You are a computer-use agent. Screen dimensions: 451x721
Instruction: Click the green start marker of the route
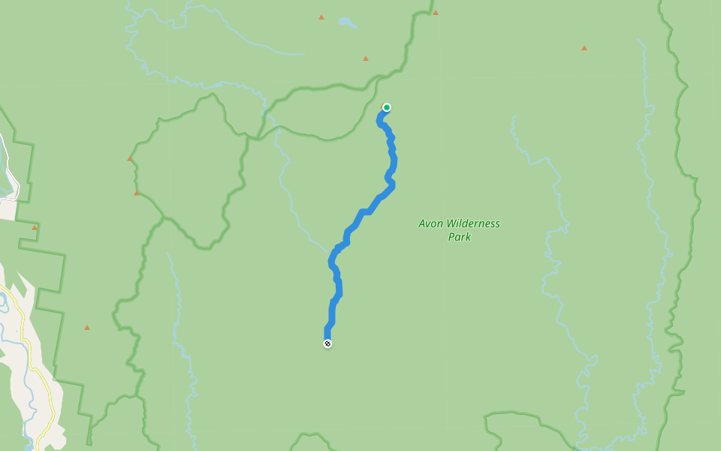click(x=386, y=107)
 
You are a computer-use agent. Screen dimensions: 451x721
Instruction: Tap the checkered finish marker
click(x=327, y=344)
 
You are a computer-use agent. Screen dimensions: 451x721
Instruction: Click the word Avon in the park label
click(x=431, y=223)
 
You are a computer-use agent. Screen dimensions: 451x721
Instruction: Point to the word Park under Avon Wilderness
click(x=459, y=237)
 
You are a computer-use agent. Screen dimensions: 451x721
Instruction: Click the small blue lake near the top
click(x=346, y=23)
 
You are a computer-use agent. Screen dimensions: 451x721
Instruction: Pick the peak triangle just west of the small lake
click(x=321, y=17)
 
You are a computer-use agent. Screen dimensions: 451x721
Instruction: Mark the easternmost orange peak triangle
click(x=584, y=48)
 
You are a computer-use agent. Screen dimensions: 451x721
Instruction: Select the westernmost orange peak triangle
click(x=34, y=227)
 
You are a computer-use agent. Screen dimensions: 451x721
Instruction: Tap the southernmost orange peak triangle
click(x=87, y=328)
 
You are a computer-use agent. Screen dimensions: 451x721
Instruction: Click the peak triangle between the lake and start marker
click(x=366, y=59)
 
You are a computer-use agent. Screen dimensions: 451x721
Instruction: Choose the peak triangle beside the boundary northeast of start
click(x=436, y=13)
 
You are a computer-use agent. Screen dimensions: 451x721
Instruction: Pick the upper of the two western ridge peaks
click(x=130, y=159)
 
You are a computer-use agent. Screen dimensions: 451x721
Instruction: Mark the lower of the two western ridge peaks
click(x=137, y=193)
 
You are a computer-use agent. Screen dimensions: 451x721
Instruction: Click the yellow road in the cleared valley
click(x=38, y=353)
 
